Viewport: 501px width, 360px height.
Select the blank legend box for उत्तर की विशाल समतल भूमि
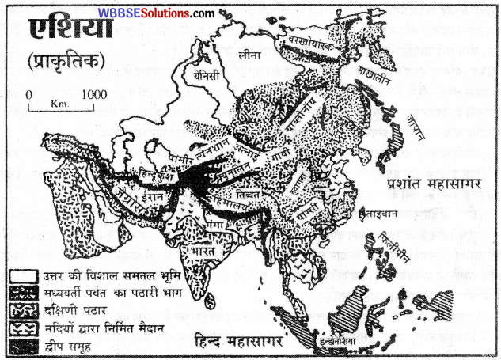pyautogui.click(x=21, y=273)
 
